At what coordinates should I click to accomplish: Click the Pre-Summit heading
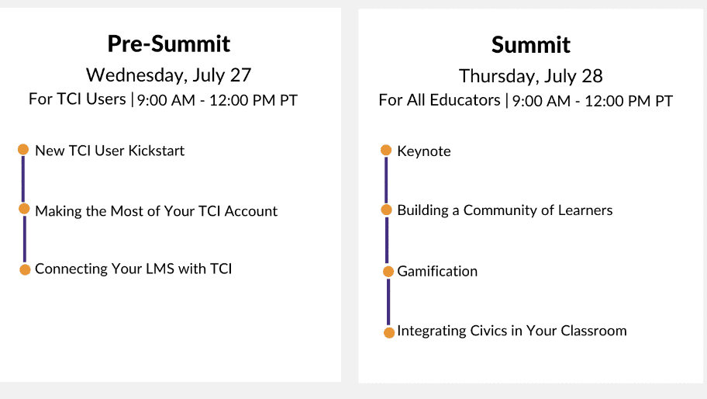(169, 43)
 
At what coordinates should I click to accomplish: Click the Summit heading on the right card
(531, 45)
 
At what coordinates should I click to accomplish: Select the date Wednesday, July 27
(169, 75)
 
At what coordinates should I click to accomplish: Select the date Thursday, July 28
(531, 76)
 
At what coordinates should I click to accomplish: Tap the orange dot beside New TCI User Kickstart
(23, 149)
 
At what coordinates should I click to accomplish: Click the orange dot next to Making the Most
(24, 209)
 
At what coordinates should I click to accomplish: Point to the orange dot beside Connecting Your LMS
(25, 269)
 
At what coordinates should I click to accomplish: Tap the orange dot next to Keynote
(386, 150)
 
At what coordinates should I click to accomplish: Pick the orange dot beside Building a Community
(386, 210)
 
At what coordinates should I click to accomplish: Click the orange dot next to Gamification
(388, 271)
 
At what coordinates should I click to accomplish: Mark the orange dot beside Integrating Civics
(389, 333)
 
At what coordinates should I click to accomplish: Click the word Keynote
(424, 151)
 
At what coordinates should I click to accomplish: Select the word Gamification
(437, 271)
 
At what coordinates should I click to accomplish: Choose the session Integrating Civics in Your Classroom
(512, 331)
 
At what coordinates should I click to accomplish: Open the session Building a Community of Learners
(505, 210)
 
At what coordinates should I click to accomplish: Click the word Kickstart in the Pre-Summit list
(157, 151)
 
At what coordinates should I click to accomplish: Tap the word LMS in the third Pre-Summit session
(160, 269)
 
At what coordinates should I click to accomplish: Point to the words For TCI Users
(77, 99)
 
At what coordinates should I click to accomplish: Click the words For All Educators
(440, 99)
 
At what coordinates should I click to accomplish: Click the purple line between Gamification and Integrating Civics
(388, 302)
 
